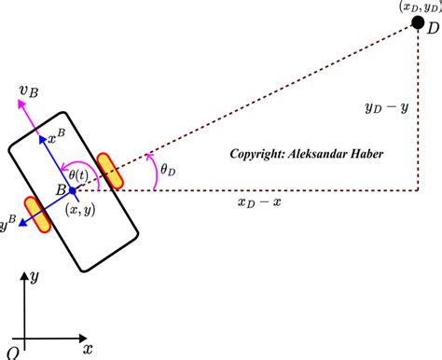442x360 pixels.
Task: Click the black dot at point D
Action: pyautogui.click(x=419, y=21)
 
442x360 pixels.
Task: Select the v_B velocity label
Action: pyautogui.click(x=27, y=90)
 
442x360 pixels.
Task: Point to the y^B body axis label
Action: pyautogui.click(x=7, y=225)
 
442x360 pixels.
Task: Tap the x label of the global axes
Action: pyautogui.click(x=87, y=349)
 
